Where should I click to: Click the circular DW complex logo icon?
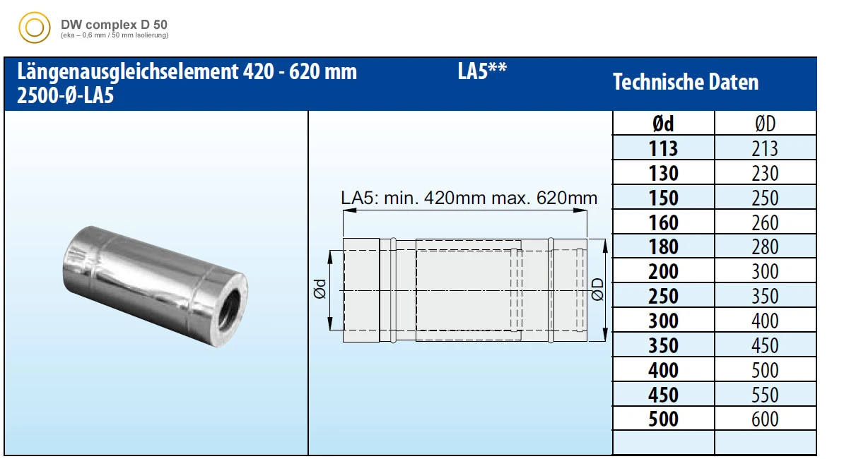point(33,28)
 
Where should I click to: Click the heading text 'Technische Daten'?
point(685,82)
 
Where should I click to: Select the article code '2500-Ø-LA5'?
point(65,97)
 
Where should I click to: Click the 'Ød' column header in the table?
point(663,124)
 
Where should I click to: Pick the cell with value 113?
point(663,148)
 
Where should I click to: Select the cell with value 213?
point(765,148)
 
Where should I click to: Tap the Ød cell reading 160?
point(663,222)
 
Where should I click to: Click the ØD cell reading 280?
point(765,247)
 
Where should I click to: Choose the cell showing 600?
point(765,419)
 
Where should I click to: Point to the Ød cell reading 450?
point(663,395)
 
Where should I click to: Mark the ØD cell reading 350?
point(765,297)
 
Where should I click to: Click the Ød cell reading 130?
point(663,173)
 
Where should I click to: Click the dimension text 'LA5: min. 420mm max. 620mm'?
point(469,198)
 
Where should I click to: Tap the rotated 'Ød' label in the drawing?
point(320,290)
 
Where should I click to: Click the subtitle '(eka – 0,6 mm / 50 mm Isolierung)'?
point(115,35)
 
